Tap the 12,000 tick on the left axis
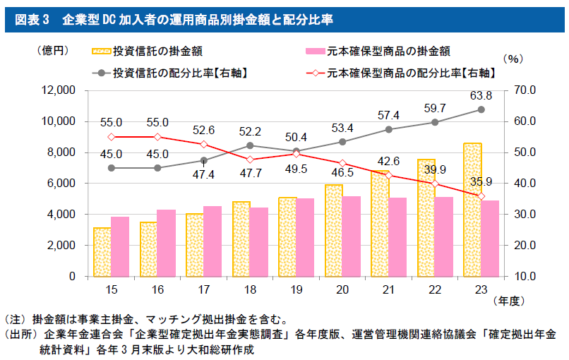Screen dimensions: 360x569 point(59,90)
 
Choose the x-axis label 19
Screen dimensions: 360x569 point(296,289)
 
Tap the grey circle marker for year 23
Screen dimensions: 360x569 point(481,109)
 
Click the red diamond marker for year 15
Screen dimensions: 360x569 point(111,137)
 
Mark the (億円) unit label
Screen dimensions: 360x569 point(53,50)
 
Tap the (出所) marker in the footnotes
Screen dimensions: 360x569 point(21,334)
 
